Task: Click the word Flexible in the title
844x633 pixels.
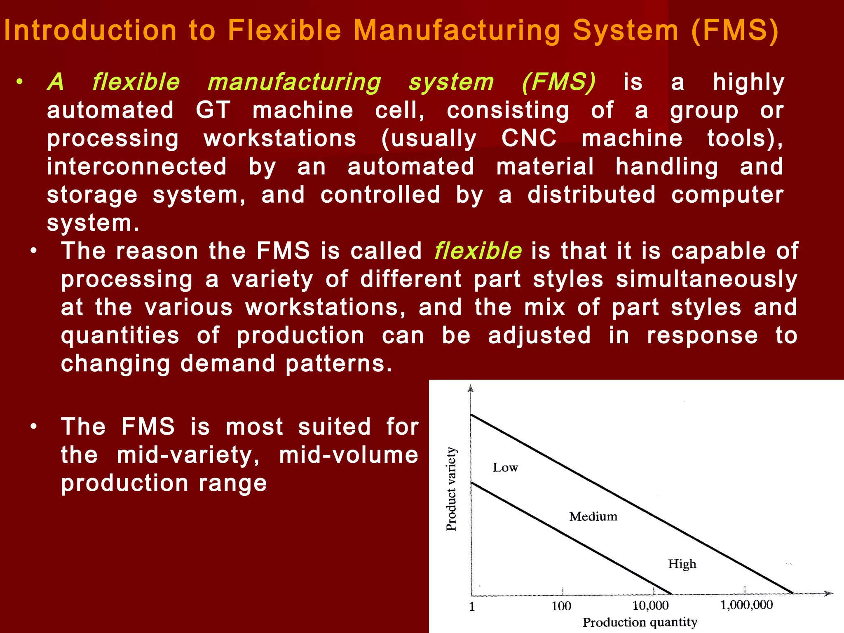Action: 285,30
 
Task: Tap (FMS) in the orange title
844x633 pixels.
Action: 735,30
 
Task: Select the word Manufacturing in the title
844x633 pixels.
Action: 457,31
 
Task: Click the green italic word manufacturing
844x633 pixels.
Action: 294,82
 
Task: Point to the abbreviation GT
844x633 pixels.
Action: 213,110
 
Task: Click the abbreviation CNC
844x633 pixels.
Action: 529,138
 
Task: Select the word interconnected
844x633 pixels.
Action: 137,166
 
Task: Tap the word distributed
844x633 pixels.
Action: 591,195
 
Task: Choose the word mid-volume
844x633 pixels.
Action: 349,455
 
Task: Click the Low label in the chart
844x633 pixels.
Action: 505,467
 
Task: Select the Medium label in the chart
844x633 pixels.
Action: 593,516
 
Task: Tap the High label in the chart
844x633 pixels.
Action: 682,564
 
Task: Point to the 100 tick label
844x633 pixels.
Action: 561,606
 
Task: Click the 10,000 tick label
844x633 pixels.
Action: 650,605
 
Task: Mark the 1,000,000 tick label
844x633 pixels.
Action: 746,605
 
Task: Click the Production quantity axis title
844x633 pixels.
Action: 640,622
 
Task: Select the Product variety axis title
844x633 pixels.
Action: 452,489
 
